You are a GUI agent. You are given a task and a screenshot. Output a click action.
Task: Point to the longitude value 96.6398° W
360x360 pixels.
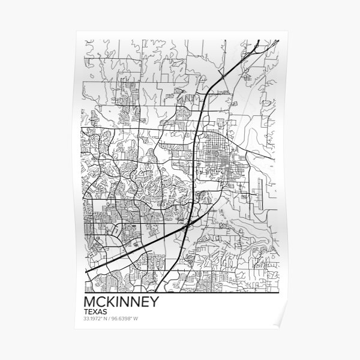pos(133,319)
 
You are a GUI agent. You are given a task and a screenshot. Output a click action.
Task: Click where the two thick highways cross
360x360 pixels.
pos(188,224)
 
